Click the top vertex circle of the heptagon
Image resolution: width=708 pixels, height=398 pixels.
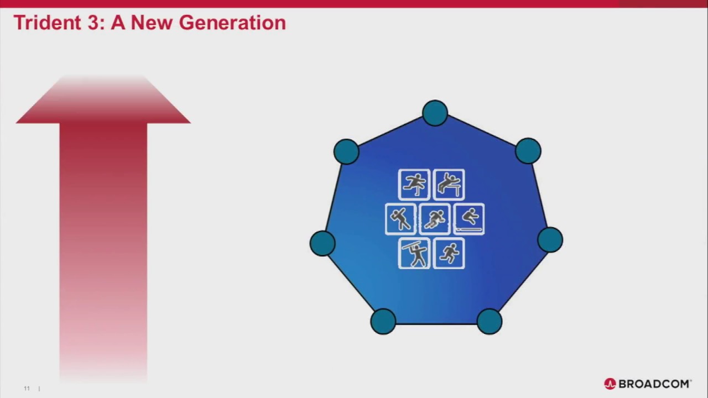(435, 113)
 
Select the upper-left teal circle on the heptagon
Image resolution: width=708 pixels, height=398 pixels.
(346, 151)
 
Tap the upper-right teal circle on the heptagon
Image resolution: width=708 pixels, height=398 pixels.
(528, 151)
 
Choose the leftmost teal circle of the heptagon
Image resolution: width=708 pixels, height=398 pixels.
(322, 243)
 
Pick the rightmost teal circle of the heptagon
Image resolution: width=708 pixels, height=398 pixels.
(550, 240)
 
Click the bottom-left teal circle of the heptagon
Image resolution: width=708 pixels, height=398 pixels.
(383, 321)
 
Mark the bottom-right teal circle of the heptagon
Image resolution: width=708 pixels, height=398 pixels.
(489, 321)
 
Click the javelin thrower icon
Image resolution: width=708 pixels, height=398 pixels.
(414, 253)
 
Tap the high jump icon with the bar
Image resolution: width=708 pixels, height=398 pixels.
(449, 184)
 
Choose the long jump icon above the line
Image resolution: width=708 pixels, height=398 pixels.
(469, 219)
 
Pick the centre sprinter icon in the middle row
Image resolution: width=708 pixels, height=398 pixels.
(435, 219)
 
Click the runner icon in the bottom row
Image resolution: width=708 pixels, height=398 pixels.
(449, 253)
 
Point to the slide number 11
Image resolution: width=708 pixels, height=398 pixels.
(27, 389)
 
